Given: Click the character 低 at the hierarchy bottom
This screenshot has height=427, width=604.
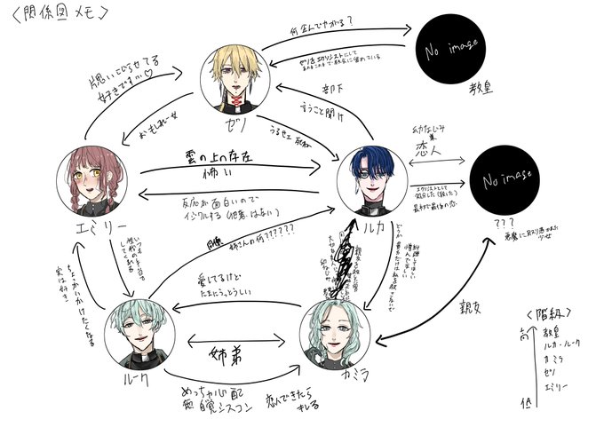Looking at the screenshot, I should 529,407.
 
